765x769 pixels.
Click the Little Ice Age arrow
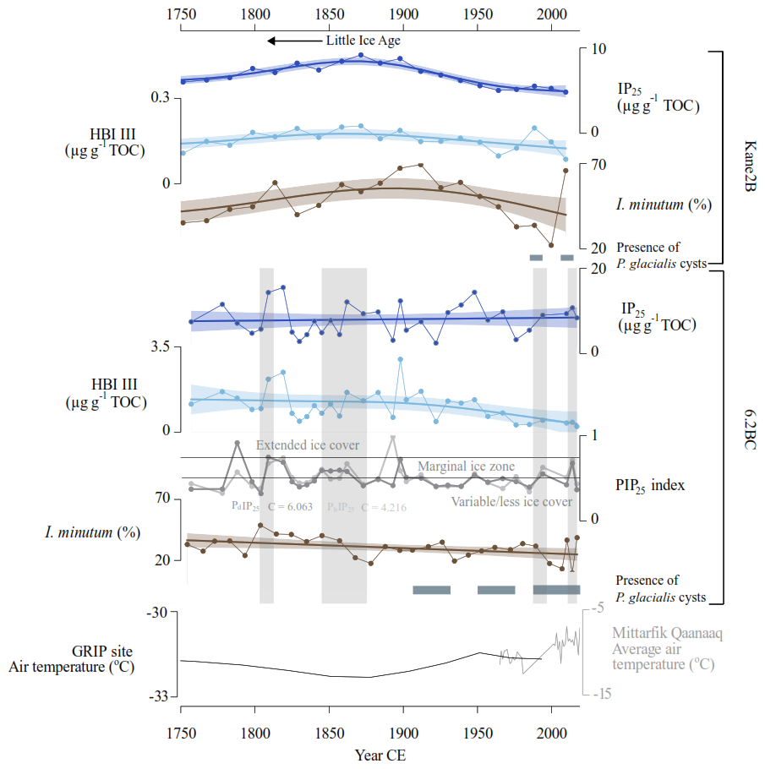pyautogui.click(x=293, y=41)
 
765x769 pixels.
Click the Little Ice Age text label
pyautogui.click(x=363, y=41)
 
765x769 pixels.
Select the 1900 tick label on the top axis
pyautogui.click(x=403, y=13)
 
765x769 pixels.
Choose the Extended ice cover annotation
pyautogui.click(x=308, y=445)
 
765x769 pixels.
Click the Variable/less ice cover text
pyautogui.click(x=511, y=502)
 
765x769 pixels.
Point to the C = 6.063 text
pyautogui.click(x=290, y=507)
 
